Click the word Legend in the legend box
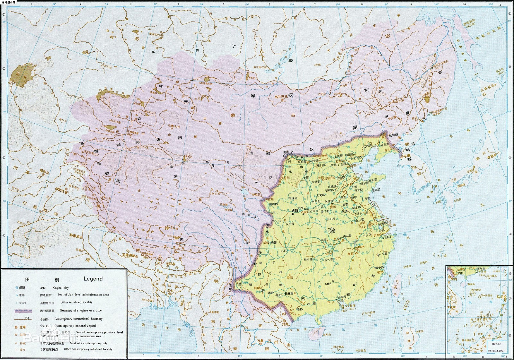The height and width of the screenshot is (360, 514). coord(93,279)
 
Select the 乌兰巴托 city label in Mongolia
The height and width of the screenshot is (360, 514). coord(280,96)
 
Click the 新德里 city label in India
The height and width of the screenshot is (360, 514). coord(75,235)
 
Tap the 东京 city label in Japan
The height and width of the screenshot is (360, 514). coord(491,157)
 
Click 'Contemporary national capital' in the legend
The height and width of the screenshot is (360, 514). coord(75,326)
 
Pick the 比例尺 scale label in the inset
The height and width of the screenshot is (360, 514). coord(491,347)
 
